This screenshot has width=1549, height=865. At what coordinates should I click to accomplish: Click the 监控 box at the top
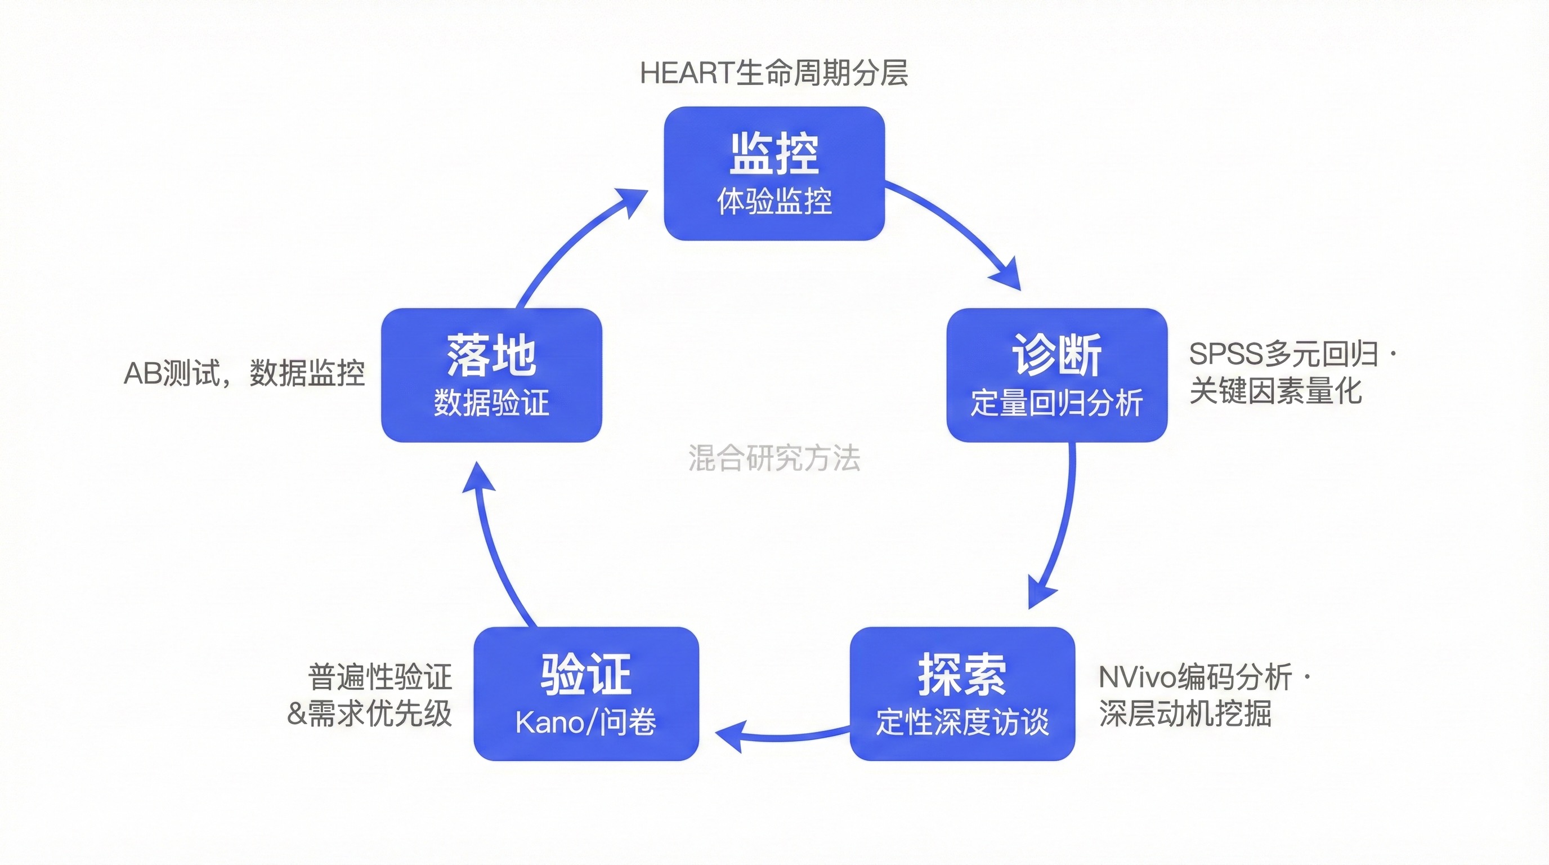774,173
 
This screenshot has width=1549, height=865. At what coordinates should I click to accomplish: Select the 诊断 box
1056,374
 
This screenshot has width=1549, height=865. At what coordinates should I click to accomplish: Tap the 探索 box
961,693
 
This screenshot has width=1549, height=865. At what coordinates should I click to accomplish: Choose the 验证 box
586,693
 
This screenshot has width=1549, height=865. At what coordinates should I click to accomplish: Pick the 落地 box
491,374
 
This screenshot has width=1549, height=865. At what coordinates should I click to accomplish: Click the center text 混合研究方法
774,458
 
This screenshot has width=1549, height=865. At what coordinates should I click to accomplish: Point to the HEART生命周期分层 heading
774,73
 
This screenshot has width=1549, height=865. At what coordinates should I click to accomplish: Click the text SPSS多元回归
1283,354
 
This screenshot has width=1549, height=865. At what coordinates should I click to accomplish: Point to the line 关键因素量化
1275,391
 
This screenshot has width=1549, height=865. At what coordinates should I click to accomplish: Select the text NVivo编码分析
1195,677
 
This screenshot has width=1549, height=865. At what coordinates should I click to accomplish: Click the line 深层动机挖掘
1185,714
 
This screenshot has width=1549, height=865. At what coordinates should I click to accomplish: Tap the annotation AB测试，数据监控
244,373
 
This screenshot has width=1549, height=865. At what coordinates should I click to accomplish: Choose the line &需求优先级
369,714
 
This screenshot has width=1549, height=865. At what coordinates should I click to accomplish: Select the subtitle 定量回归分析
1056,403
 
